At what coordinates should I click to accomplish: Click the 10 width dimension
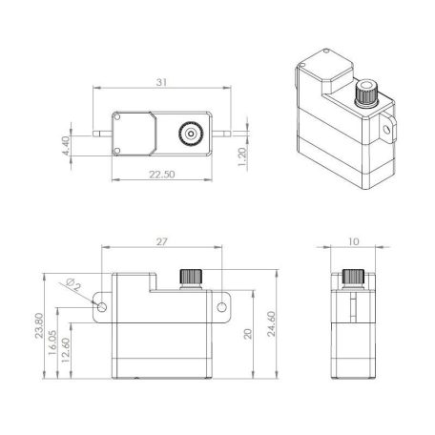354,243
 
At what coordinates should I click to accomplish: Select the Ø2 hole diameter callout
74,283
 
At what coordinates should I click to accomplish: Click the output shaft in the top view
192,135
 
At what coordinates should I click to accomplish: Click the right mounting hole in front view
223,306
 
